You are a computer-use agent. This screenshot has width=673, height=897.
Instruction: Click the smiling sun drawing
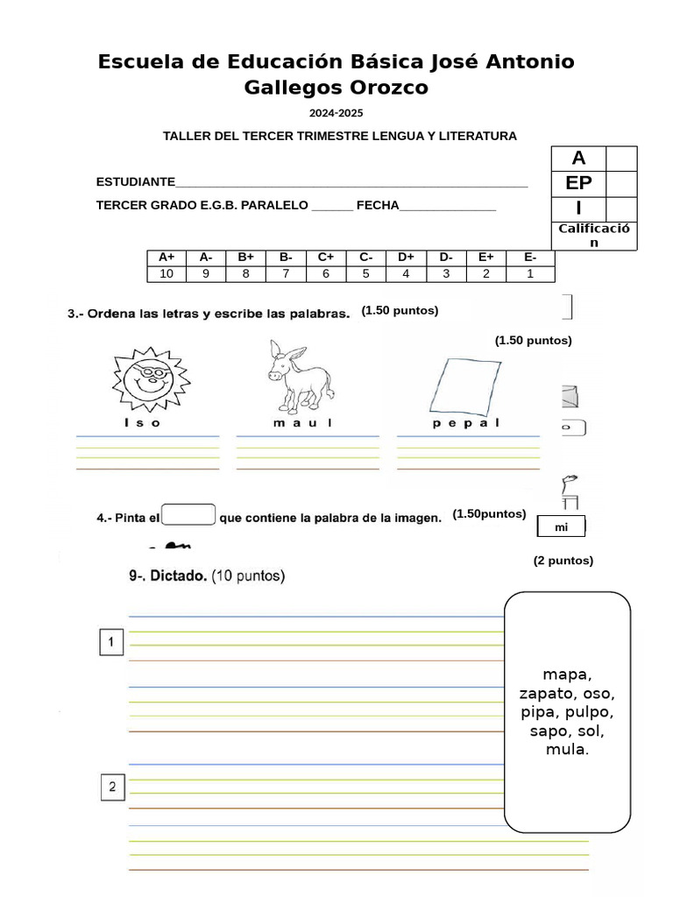(x=151, y=379)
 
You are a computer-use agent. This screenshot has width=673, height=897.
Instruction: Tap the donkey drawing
(x=299, y=377)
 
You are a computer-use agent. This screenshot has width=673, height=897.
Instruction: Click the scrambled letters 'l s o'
(x=143, y=423)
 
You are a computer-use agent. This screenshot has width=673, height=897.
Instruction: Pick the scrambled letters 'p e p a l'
(x=466, y=423)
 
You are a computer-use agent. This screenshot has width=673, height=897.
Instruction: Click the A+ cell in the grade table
(x=166, y=257)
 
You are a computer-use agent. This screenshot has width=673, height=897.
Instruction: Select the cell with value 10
(x=166, y=273)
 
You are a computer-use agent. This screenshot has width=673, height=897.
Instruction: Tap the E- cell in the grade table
(x=530, y=257)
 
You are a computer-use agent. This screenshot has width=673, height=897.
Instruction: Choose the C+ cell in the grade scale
(x=326, y=257)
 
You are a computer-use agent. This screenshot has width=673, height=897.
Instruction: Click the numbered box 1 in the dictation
(x=111, y=643)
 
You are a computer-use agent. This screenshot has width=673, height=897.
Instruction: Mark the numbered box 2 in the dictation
(x=111, y=787)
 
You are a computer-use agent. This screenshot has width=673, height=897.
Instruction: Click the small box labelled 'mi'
(x=561, y=526)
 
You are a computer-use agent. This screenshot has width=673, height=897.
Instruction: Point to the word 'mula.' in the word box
(x=567, y=750)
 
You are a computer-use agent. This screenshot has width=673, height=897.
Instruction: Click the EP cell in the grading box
(x=578, y=183)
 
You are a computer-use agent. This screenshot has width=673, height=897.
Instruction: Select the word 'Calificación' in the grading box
(x=594, y=235)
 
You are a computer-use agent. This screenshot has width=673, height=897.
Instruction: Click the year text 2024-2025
(x=336, y=113)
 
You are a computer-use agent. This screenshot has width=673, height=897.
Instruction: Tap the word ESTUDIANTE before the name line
(x=136, y=182)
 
